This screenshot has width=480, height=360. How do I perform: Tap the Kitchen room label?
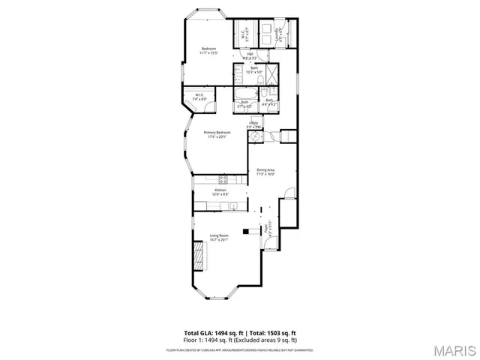[220, 190]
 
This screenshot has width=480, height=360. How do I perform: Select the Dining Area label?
[266, 169]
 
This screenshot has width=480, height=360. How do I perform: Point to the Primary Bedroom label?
[217, 132]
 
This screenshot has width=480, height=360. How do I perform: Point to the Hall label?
[250, 54]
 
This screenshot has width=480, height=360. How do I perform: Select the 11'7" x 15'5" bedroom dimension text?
[208, 53]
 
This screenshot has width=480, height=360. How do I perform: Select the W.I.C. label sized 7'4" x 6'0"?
[199, 97]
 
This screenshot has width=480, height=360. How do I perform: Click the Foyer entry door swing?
[271, 242]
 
